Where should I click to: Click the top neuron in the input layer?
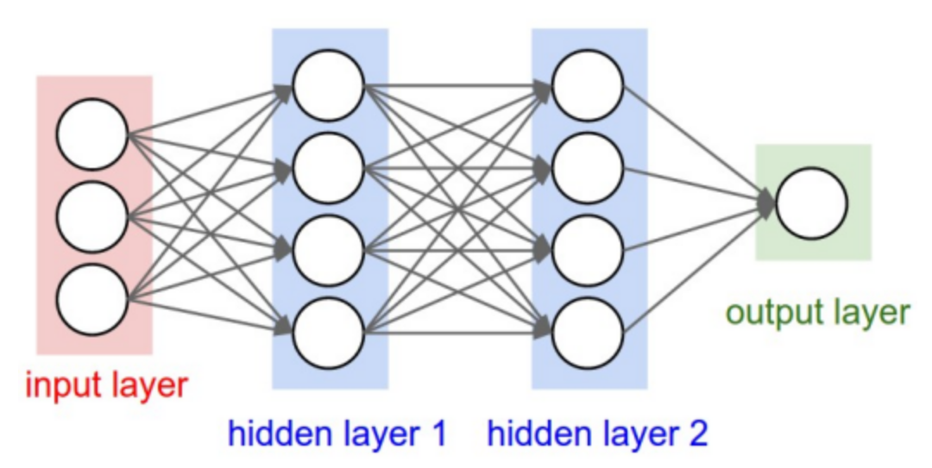pyautogui.click(x=92, y=134)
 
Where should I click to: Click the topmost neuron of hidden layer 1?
pyautogui.click(x=328, y=85)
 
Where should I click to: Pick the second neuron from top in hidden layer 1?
pyautogui.click(x=328, y=168)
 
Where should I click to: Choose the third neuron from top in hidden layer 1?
pyautogui.click(x=328, y=251)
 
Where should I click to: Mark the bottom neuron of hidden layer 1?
pyautogui.click(x=328, y=333)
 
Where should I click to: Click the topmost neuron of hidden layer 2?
pyautogui.click(x=588, y=85)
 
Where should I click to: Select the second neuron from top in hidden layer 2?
pyautogui.click(x=588, y=168)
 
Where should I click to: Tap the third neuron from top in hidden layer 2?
pyautogui.click(x=588, y=251)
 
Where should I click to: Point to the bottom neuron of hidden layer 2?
pyautogui.click(x=588, y=333)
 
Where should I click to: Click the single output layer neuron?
pyautogui.click(x=811, y=203)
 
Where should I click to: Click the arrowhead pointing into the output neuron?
pyautogui.click(x=766, y=203)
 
